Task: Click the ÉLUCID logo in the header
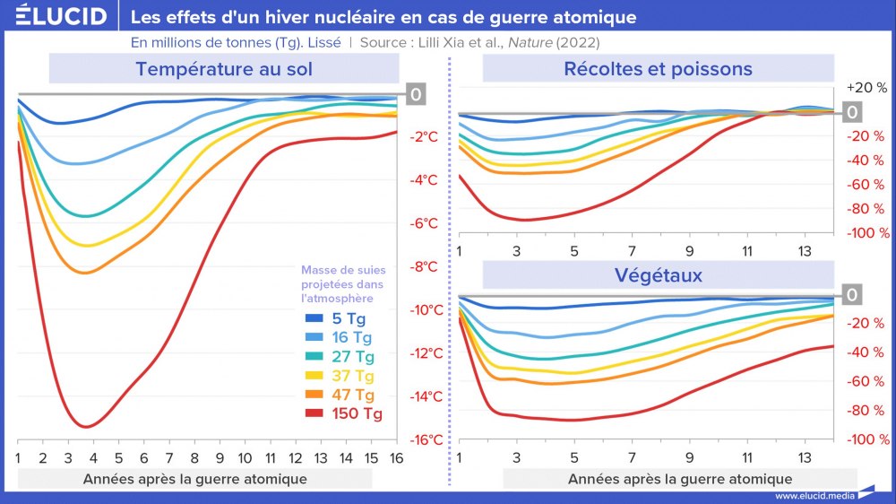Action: tap(55, 16)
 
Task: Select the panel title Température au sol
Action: tap(224, 69)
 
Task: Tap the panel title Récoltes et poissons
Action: tap(658, 69)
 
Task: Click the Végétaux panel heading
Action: tap(658, 274)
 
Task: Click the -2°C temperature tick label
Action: tap(424, 137)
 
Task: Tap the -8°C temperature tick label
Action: tap(424, 266)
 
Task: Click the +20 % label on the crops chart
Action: tap(866, 88)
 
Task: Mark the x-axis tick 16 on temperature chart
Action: tap(396, 457)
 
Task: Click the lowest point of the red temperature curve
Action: tap(86, 427)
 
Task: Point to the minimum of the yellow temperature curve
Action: tap(86, 245)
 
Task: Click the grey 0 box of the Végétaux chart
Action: tap(852, 295)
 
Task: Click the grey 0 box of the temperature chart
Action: tap(416, 94)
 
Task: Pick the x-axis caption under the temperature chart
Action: tap(195, 479)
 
